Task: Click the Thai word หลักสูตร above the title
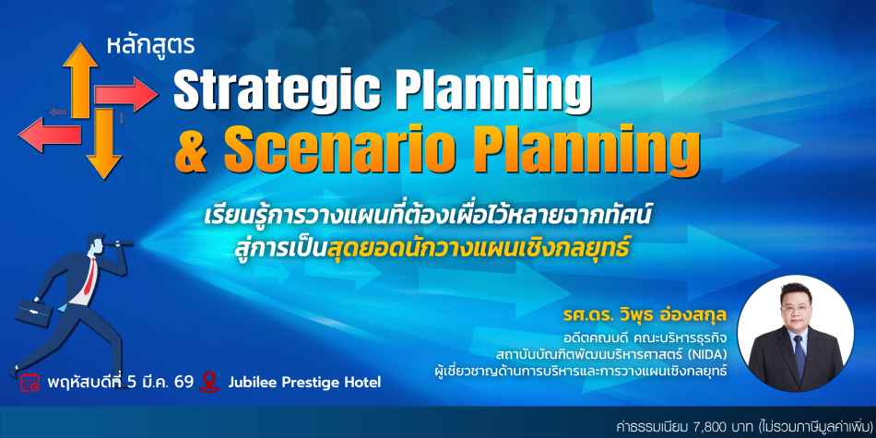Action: tap(150, 47)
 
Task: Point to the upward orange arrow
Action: tap(80, 79)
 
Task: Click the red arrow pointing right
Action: tap(125, 94)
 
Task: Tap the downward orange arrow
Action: tap(103, 143)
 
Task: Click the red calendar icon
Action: tap(30, 382)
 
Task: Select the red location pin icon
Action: tap(209, 382)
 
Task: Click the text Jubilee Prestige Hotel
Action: tap(304, 383)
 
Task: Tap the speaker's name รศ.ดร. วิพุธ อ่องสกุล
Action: tap(645, 317)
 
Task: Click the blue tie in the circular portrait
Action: tap(799, 357)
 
